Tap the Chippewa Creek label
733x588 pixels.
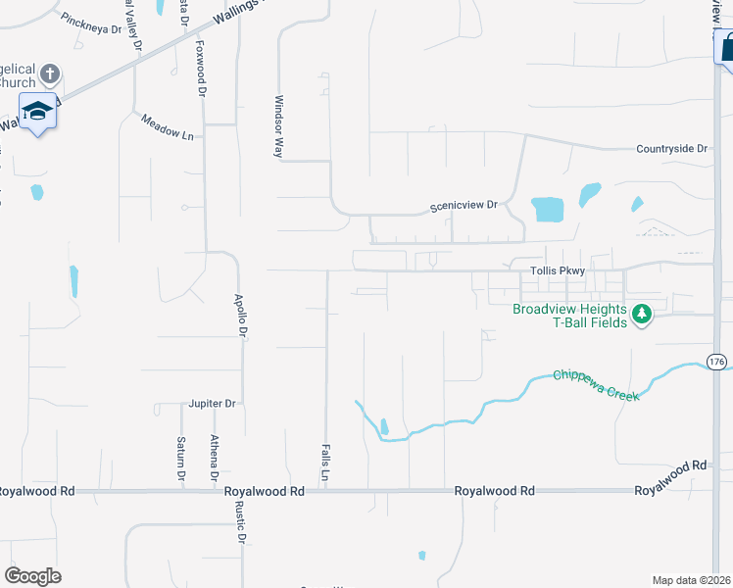(x=596, y=384)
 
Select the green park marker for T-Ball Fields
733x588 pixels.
(x=642, y=315)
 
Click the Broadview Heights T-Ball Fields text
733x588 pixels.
(x=569, y=316)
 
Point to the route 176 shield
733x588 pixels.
(x=717, y=362)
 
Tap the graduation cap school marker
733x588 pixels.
(x=37, y=112)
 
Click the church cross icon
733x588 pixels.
(x=51, y=73)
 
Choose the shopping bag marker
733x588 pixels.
(x=726, y=46)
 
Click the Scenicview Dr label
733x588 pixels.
(x=464, y=207)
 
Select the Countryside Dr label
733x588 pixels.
(x=671, y=149)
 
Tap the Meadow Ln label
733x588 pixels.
(x=167, y=127)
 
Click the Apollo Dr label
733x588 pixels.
(x=238, y=315)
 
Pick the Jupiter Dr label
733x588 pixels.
(x=213, y=403)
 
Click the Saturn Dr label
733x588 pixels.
(x=181, y=459)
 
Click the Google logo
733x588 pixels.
(x=33, y=576)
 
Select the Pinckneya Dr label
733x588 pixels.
(x=90, y=24)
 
